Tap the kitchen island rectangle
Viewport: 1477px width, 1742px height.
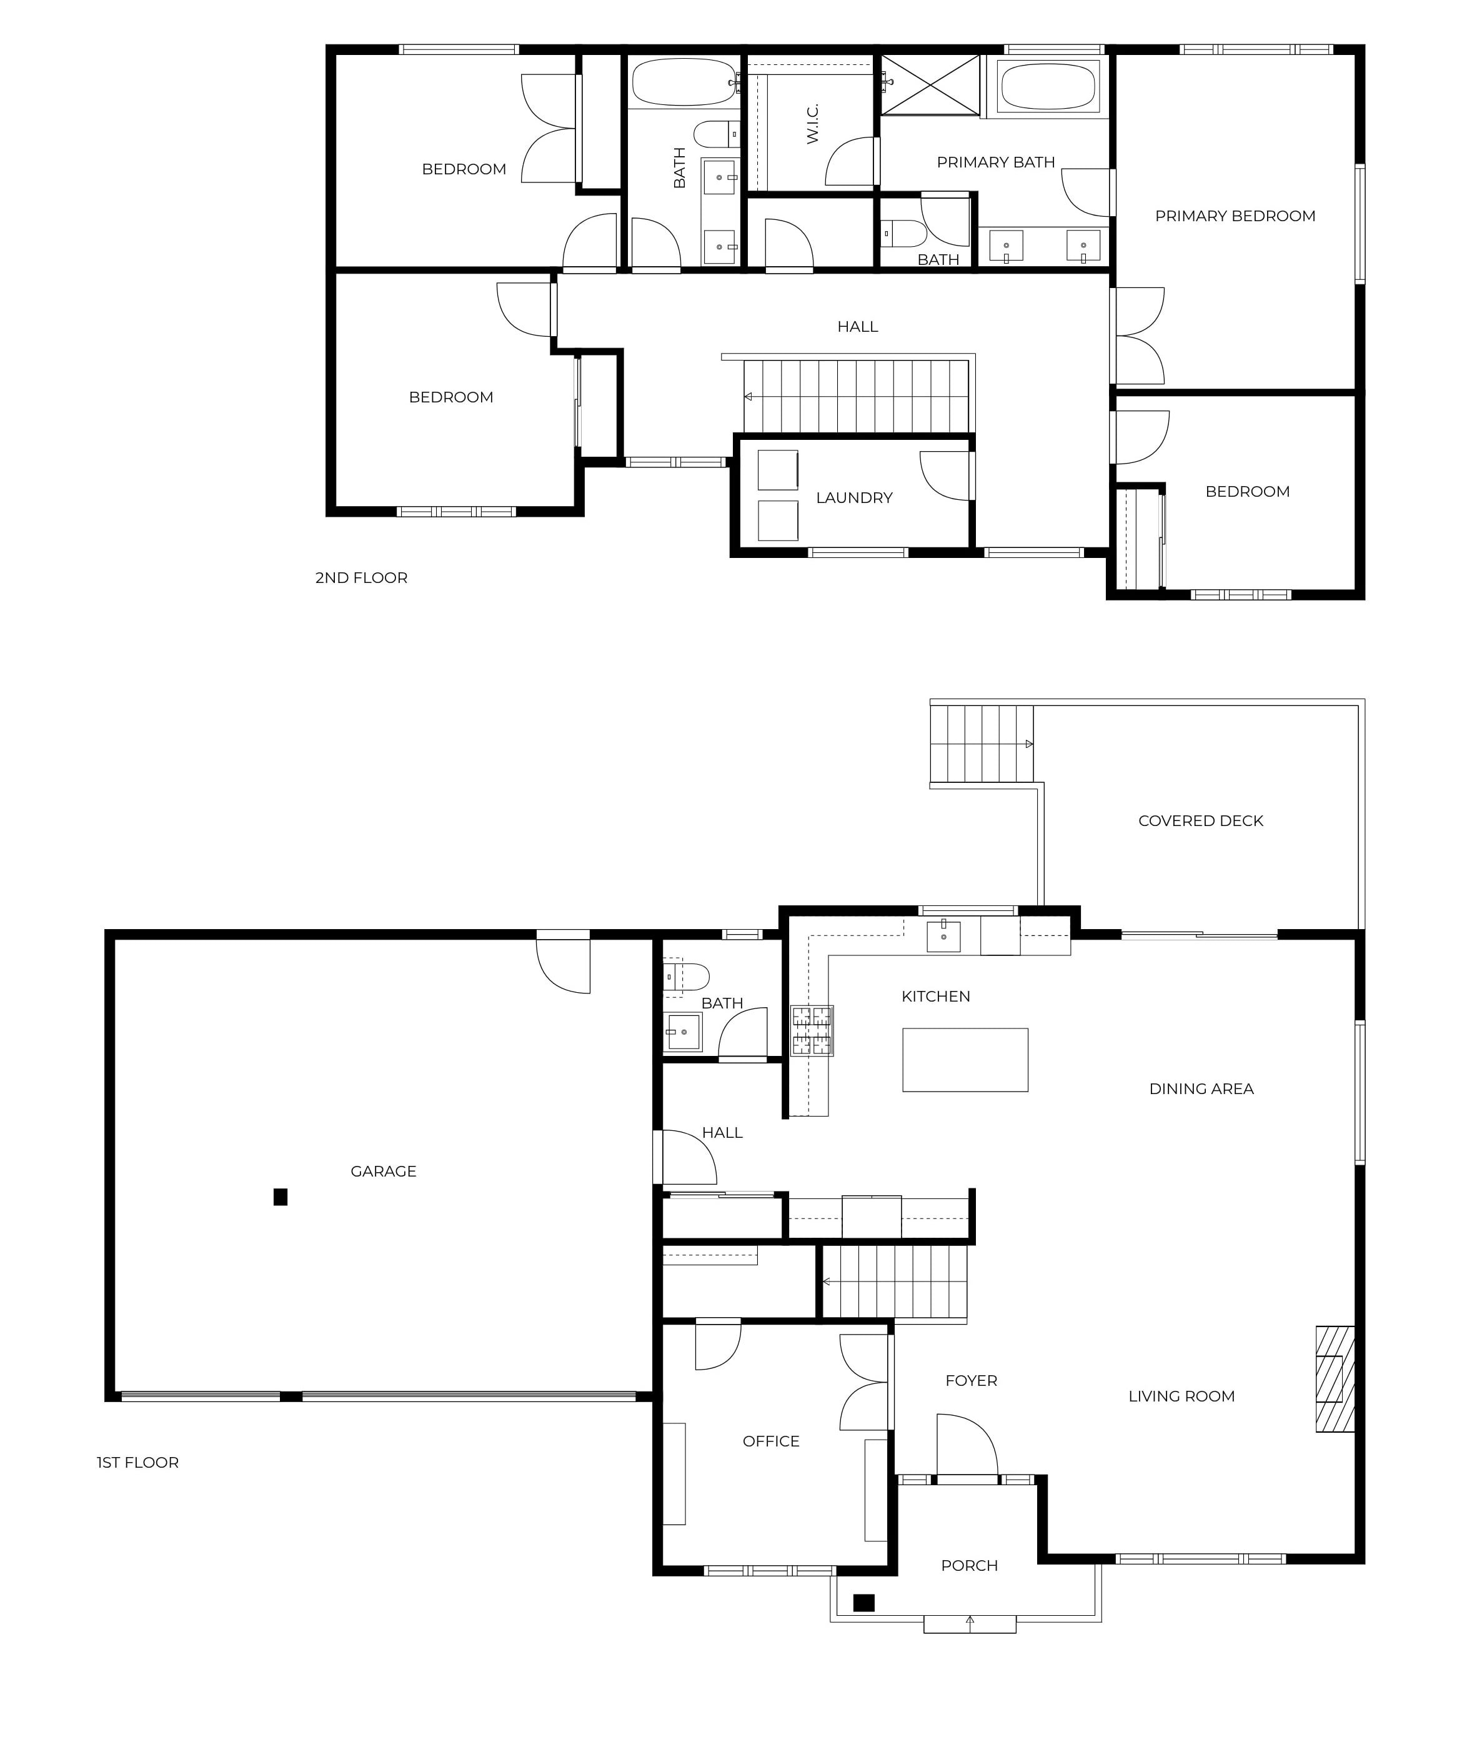pos(965,1060)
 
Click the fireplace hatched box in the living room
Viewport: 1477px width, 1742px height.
pos(1335,1390)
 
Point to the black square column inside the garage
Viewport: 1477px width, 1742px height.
pos(281,1197)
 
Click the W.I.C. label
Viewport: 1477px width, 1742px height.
pos(812,124)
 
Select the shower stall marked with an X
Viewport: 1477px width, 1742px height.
pos(930,84)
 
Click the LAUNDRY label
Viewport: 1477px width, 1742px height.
pos(854,497)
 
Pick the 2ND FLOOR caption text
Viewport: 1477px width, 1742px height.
pos(361,578)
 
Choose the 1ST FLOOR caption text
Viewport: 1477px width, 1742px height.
pos(137,1462)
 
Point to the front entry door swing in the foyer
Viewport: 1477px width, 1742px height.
pos(967,1444)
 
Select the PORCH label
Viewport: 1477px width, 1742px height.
pos(969,1565)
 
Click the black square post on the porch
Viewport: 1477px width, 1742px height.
pos(863,1602)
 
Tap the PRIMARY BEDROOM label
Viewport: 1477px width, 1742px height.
pos(1234,216)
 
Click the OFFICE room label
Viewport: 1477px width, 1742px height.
pos(770,1440)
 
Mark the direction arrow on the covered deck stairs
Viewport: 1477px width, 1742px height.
pos(1028,744)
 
